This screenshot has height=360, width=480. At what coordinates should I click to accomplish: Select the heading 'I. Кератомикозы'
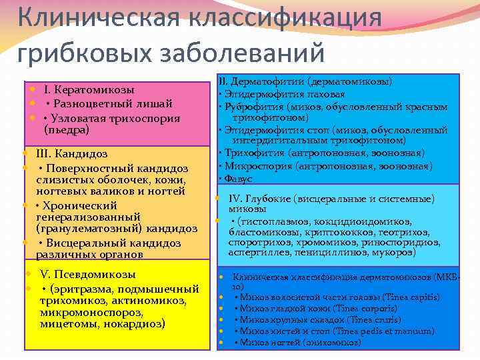click(89, 89)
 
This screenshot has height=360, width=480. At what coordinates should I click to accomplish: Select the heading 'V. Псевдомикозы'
click(88, 274)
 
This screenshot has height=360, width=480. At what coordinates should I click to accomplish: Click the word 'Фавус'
click(238, 179)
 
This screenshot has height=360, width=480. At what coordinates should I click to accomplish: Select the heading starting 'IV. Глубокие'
click(331, 199)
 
